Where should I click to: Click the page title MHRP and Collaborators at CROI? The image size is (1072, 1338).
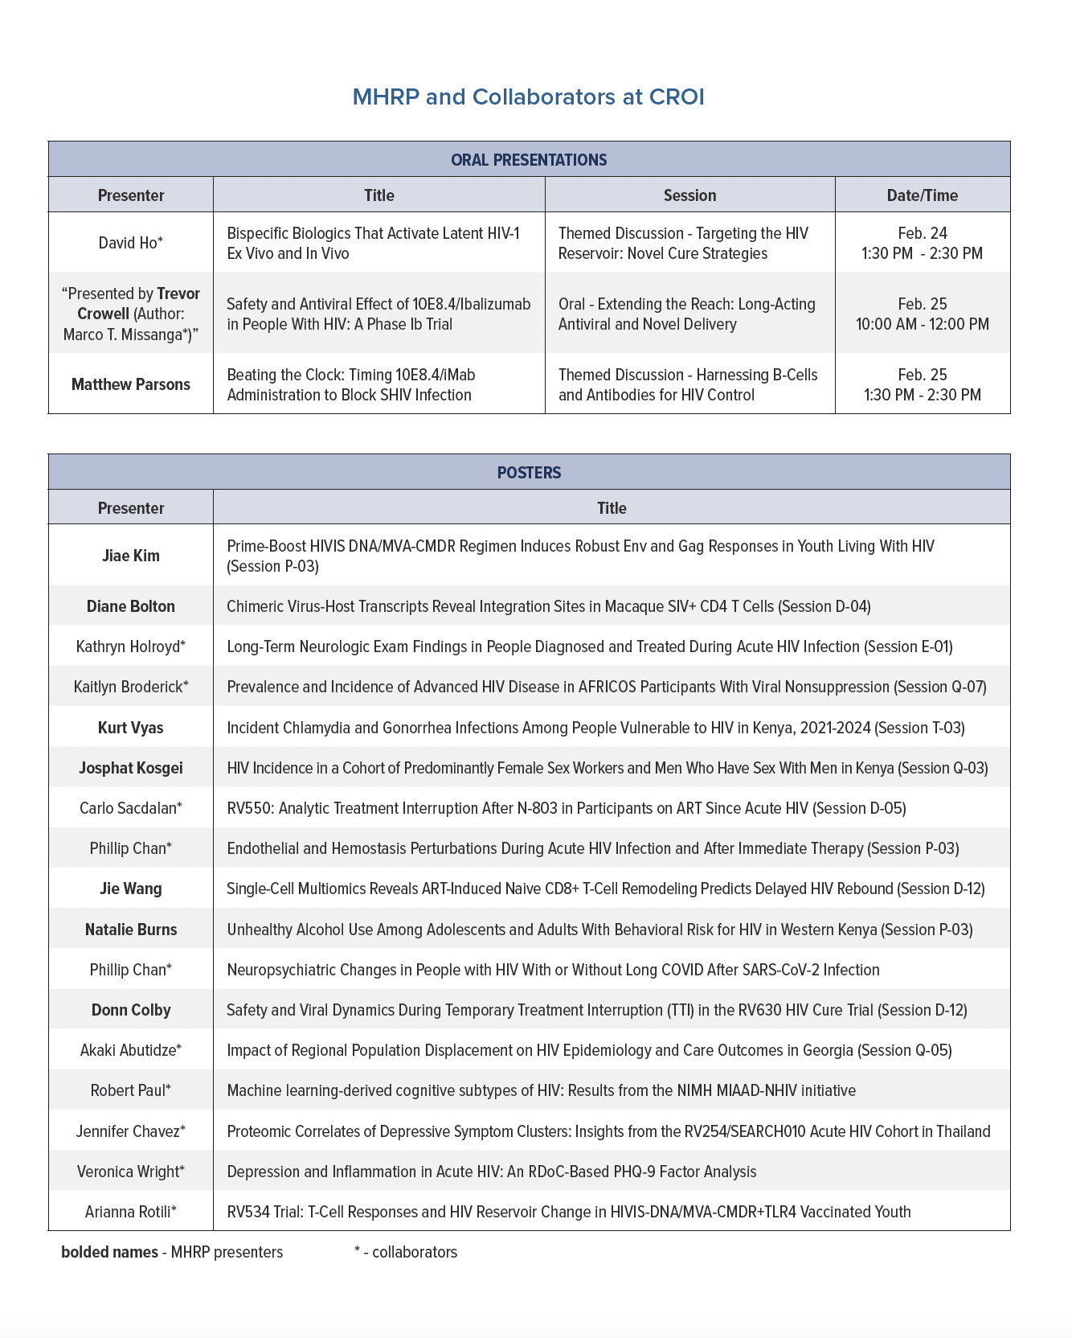click(528, 97)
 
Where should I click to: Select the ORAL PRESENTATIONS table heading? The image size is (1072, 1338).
click(529, 160)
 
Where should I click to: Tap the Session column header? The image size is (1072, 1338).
click(689, 195)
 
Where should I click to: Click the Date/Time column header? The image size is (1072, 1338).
click(922, 195)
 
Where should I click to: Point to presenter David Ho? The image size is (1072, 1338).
click(130, 243)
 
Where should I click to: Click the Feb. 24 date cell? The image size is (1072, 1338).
click(922, 233)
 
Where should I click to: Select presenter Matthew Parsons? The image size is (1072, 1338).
click(130, 384)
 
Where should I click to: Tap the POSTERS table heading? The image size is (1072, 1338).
click(529, 473)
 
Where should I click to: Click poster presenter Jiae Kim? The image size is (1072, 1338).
click(130, 556)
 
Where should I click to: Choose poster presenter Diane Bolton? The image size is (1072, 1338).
click(130, 606)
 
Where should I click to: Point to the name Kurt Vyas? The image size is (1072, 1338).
click(130, 728)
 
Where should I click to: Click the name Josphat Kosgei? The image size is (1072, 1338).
click(130, 768)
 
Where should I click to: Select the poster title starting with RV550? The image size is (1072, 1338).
click(566, 808)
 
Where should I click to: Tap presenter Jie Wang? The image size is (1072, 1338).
click(130, 889)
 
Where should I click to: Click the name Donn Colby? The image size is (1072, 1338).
click(130, 1010)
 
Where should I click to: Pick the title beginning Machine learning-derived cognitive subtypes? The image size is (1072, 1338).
click(541, 1090)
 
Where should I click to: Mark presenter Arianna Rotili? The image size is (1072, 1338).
click(130, 1212)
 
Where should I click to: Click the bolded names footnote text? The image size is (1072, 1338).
click(172, 1252)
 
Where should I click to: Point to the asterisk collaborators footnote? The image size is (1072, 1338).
click(405, 1252)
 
